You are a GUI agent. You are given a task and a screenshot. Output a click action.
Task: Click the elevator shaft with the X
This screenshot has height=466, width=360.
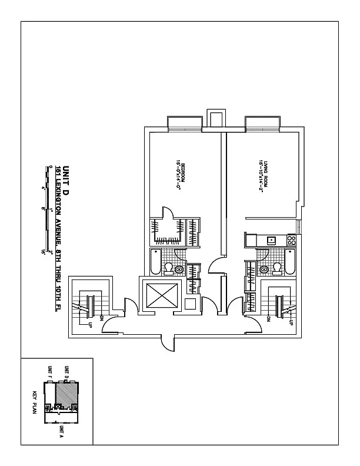[x=157, y=295]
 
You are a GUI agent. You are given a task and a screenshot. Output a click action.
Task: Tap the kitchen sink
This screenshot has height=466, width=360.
[x=271, y=240]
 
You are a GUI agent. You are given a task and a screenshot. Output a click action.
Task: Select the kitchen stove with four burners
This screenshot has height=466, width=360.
[x=291, y=240]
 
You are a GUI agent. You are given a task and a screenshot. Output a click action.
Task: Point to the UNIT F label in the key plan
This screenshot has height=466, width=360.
[x=50, y=372]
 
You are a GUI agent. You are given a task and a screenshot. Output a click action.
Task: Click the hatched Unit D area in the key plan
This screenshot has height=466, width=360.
[x=66, y=392]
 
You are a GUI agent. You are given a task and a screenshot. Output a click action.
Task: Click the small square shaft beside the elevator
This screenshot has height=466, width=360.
[x=190, y=304]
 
